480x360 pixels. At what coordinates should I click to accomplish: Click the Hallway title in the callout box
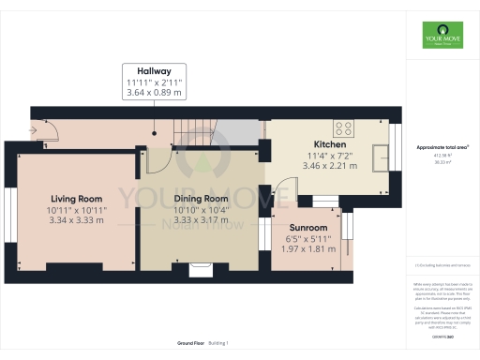coord(154,70)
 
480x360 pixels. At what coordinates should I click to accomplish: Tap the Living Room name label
coord(77,199)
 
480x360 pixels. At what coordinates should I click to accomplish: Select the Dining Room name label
coord(201,199)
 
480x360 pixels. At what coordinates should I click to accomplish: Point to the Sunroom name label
coord(308,228)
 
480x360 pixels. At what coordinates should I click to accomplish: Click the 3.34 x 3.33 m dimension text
coord(77,220)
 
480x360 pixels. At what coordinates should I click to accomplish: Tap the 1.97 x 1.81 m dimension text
coord(308,249)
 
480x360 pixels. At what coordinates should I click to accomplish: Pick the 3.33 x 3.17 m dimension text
coord(201,220)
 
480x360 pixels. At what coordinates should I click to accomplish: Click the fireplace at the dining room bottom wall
coord(201,270)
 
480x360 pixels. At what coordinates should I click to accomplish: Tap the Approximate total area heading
coord(442,148)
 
